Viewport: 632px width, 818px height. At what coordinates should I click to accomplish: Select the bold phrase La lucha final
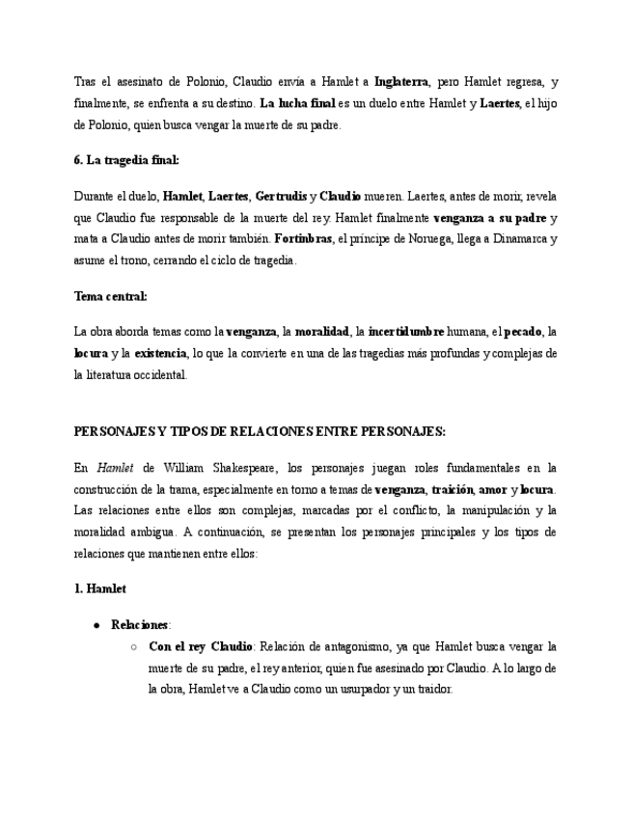(x=297, y=103)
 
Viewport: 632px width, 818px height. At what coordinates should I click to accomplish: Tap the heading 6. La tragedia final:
(x=126, y=160)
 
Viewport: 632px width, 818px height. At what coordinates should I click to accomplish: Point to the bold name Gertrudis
(x=280, y=197)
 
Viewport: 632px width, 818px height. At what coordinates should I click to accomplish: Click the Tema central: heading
(x=111, y=296)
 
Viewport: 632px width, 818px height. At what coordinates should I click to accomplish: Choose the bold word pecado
(x=524, y=333)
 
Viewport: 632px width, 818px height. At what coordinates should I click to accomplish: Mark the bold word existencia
(x=160, y=354)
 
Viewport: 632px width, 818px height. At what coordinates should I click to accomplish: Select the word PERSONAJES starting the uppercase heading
(x=114, y=431)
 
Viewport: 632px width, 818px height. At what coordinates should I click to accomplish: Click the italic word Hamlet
(x=115, y=469)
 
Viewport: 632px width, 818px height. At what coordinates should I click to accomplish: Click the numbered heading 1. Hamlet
(x=100, y=587)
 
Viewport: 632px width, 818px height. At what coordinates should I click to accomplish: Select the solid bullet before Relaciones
(x=97, y=625)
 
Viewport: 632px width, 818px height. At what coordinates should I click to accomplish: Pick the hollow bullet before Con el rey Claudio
(x=134, y=647)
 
